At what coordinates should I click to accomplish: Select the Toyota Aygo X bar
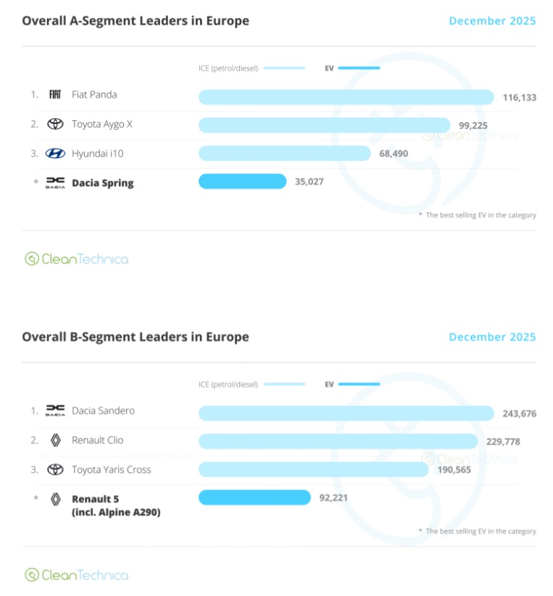click(324, 125)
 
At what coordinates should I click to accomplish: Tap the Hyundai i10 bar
click(284, 153)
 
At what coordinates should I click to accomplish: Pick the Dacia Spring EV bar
click(243, 181)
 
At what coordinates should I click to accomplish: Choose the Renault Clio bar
click(338, 441)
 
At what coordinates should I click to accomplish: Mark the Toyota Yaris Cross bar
click(313, 469)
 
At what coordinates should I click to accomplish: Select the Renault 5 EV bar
click(254, 497)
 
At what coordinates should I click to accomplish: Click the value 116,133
click(519, 97)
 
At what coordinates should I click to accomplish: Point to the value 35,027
click(309, 181)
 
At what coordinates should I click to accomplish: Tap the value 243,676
click(519, 413)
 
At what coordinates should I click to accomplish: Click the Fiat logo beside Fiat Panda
click(55, 94)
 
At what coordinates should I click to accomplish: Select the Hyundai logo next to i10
click(55, 153)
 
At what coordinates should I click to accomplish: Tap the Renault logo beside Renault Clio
click(55, 440)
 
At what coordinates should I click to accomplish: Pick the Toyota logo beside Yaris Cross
click(55, 469)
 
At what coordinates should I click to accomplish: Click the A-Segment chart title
click(136, 20)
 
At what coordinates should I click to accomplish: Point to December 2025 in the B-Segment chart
click(492, 336)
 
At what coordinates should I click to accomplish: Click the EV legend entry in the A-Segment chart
click(352, 68)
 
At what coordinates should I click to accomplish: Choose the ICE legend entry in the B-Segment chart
click(251, 384)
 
